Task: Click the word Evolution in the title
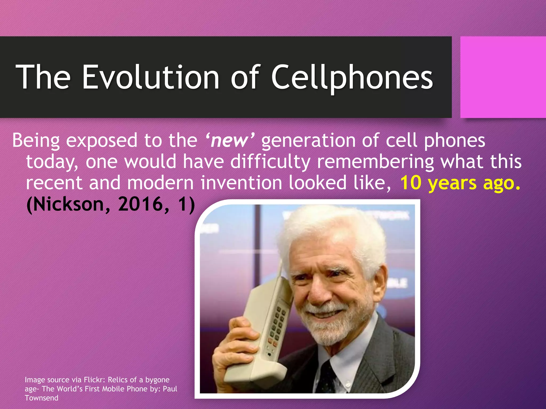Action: click(151, 77)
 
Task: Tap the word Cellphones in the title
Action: click(352, 77)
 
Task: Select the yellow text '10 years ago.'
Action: click(460, 183)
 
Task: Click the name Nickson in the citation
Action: click(68, 204)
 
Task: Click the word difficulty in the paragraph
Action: click(270, 162)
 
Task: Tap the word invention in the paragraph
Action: click(241, 183)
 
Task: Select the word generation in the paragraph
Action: click(308, 141)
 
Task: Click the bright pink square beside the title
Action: click(503, 77)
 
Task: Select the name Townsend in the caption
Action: click(41, 398)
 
